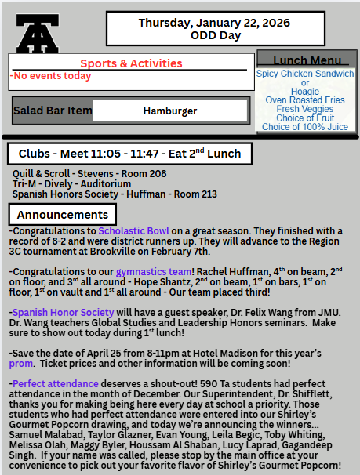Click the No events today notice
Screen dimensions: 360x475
(x=51, y=76)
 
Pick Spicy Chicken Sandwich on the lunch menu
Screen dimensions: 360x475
(x=305, y=74)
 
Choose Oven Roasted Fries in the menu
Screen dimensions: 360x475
(x=305, y=100)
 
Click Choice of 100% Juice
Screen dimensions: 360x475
(x=305, y=127)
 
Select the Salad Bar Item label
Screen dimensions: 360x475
(x=53, y=111)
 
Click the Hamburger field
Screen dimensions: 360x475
(x=170, y=111)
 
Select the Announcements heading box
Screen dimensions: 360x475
(x=63, y=214)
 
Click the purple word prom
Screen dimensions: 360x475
(x=20, y=364)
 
